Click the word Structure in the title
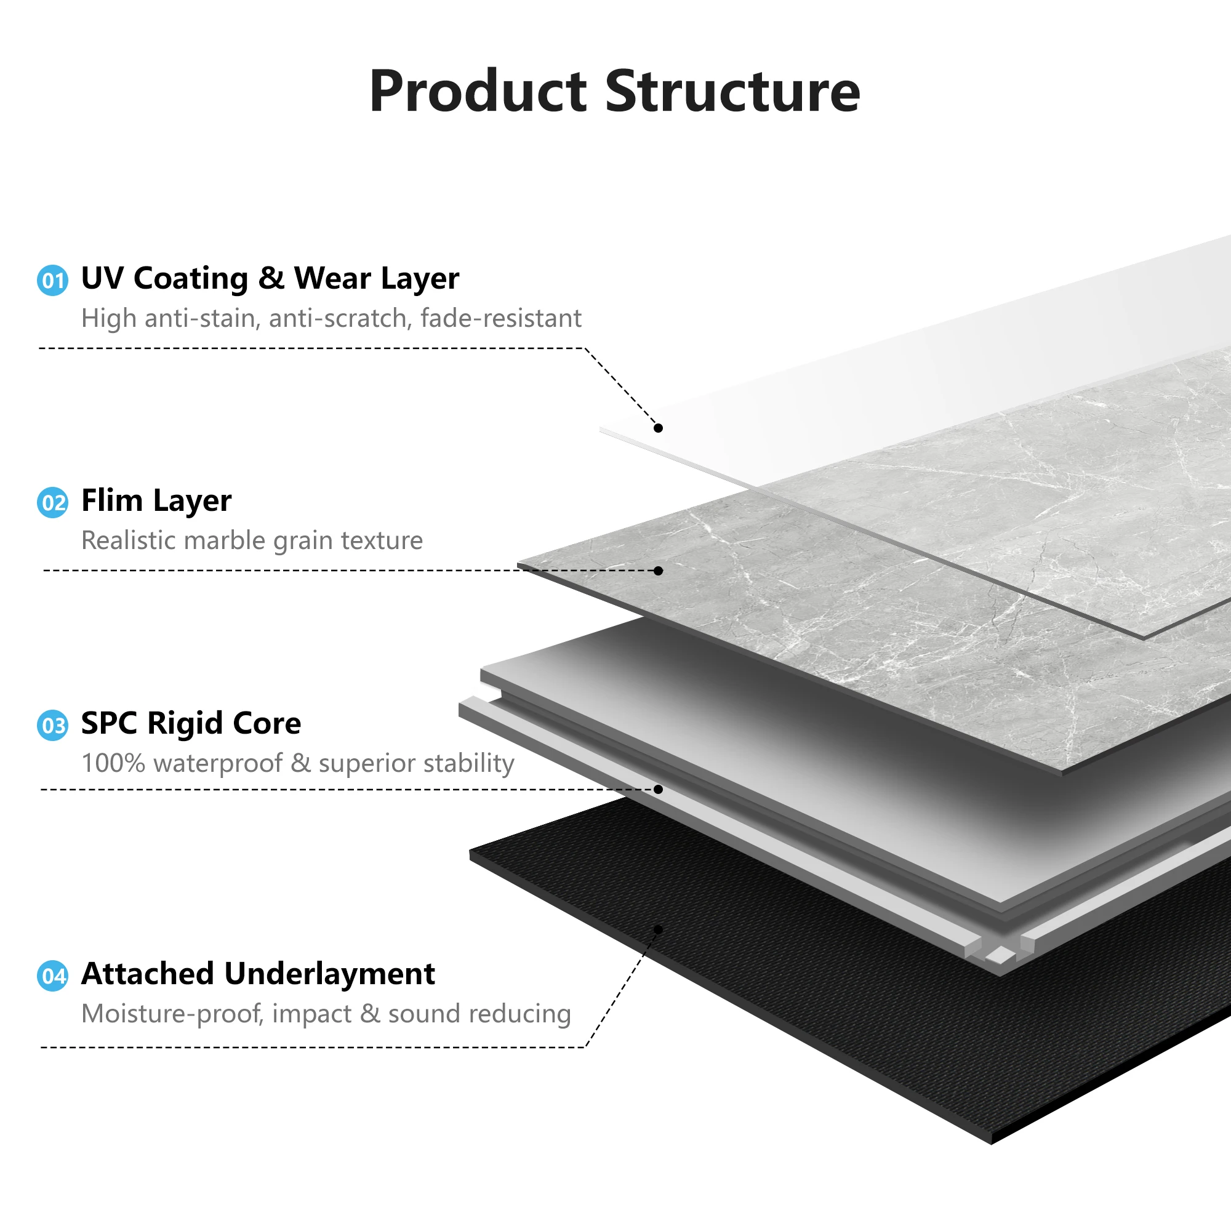coord(732,92)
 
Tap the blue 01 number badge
coord(53,280)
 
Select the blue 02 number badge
coord(53,503)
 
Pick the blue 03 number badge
coord(53,726)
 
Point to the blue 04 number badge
coord(53,976)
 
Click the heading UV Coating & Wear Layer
coord(270,278)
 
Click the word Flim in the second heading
coord(111,500)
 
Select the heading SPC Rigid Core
coord(191,723)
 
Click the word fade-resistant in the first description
coord(501,318)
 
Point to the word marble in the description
coord(225,540)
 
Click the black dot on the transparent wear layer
coord(658,428)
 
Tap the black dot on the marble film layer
coord(658,571)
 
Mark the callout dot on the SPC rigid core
coord(658,790)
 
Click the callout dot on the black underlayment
coord(658,930)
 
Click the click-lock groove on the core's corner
coord(999,953)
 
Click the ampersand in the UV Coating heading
coord(271,278)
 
